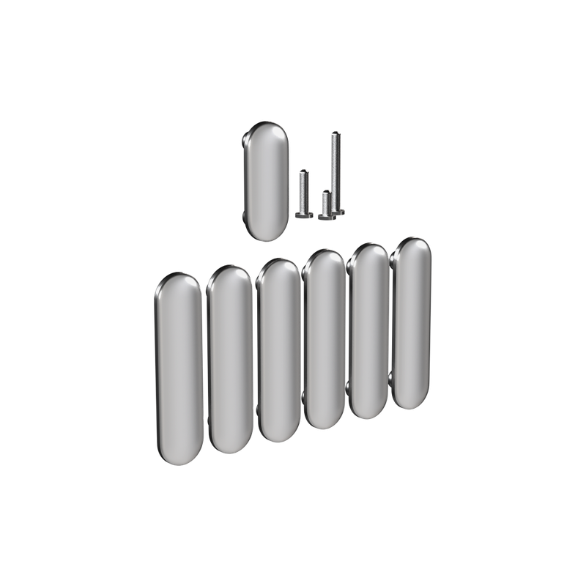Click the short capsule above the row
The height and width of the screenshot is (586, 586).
point(264,181)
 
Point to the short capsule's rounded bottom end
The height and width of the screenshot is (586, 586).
point(265,232)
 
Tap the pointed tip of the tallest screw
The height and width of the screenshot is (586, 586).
point(335,132)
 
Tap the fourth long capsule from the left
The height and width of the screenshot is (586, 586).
point(323,340)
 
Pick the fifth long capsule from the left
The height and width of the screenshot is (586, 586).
point(368,330)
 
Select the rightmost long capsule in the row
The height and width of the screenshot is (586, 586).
point(412,322)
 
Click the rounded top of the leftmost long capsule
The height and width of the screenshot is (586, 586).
point(178,283)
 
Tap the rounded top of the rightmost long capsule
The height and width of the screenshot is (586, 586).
point(412,245)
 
